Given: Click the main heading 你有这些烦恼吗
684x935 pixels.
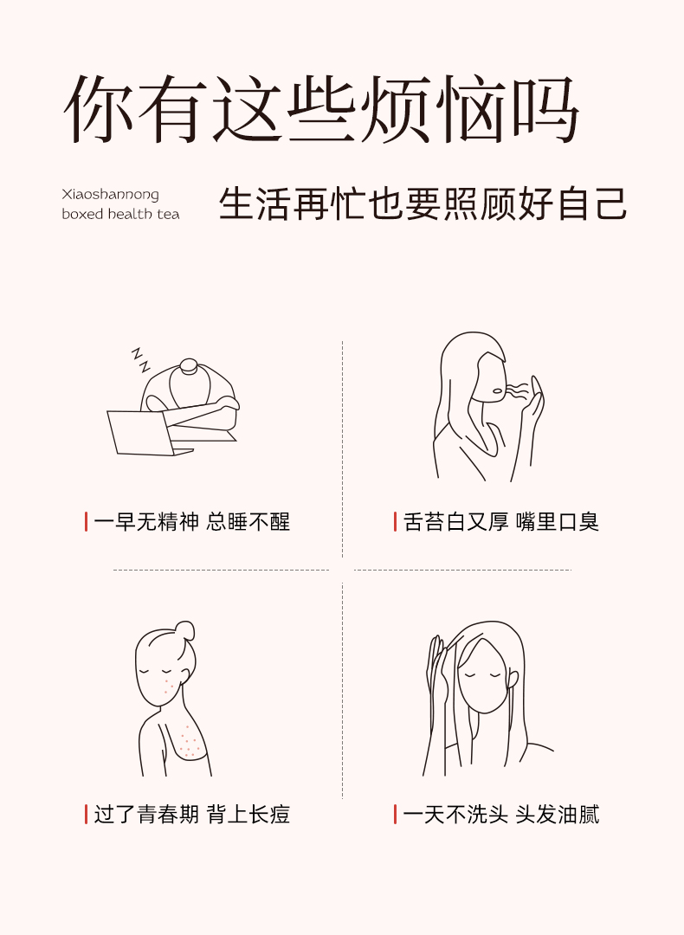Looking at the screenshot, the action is point(321,109).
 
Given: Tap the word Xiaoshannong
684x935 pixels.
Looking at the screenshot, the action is point(110,195).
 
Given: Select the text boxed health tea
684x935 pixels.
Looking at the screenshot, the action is point(120,214).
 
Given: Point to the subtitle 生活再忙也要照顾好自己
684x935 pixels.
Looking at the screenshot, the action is point(423,204).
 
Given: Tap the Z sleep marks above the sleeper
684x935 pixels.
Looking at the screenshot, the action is point(141,359).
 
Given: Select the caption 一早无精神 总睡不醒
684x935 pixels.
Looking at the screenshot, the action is point(191,522).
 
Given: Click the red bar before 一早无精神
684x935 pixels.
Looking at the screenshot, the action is point(86,522).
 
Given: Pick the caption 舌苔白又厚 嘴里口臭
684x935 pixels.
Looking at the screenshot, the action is point(501,522).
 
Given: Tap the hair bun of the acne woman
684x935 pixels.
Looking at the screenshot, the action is point(185,629).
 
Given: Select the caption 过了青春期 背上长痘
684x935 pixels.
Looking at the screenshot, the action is point(191,814).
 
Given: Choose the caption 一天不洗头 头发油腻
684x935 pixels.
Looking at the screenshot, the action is point(501,814).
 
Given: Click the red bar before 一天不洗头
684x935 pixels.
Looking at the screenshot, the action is point(395,814).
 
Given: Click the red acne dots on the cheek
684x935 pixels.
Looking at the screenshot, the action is point(166,685).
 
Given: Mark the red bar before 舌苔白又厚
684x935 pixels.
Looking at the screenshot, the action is point(395,522).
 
